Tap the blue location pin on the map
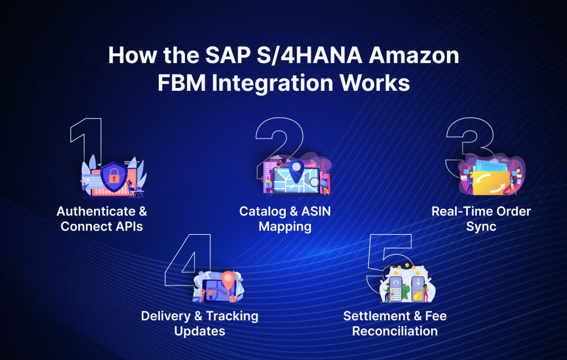click(x=297, y=167)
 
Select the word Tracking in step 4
click(x=232, y=316)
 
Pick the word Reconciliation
click(x=395, y=331)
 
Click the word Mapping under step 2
click(x=285, y=226)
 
